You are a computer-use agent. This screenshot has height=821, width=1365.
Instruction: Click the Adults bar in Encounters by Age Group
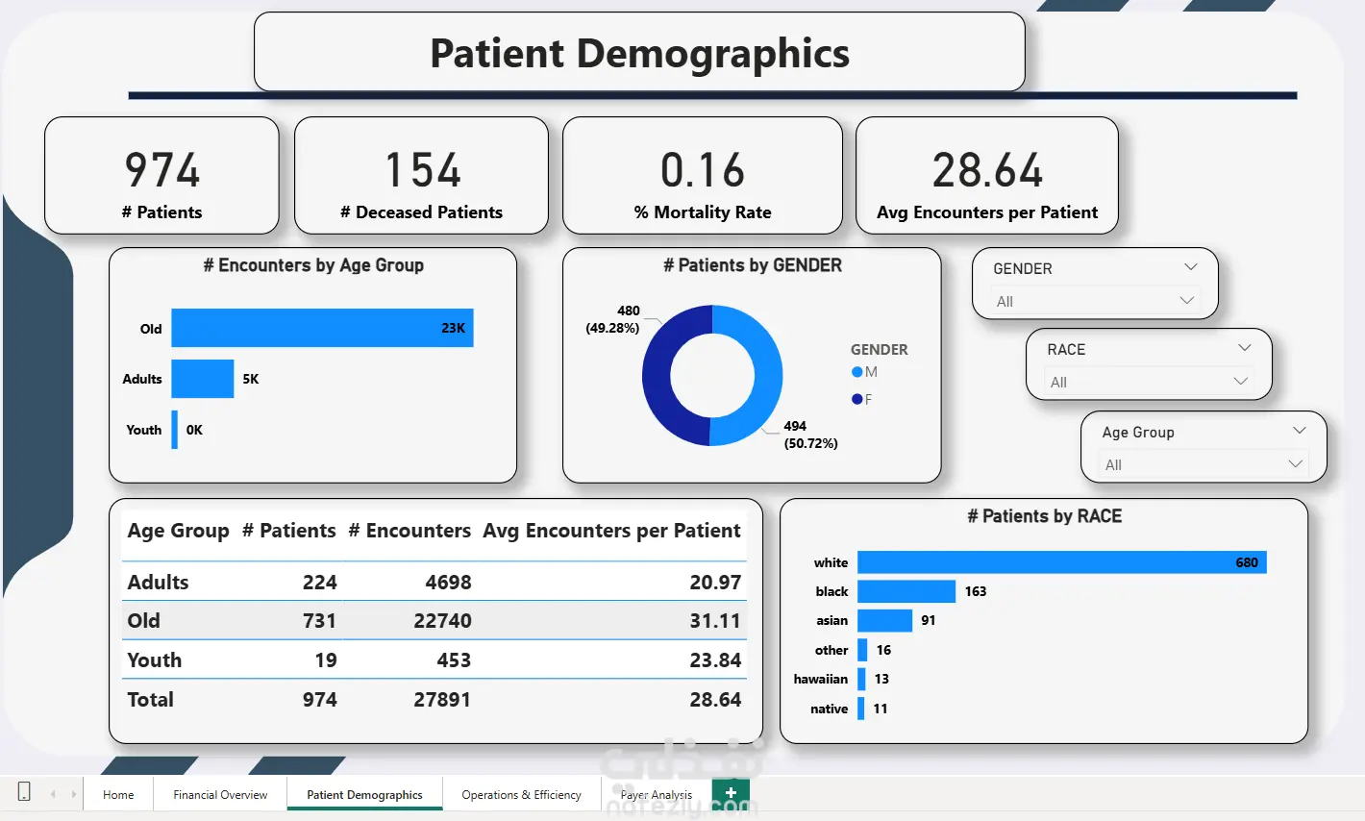(202, 379)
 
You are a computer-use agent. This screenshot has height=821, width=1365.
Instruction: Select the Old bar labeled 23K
(322, 328)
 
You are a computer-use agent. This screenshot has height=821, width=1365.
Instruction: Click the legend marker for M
(856, 372)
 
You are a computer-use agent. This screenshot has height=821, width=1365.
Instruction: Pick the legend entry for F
(862, 399)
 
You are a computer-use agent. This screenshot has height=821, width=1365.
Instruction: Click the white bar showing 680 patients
(1062, 562)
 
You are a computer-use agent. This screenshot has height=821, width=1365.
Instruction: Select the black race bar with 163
(906, 591)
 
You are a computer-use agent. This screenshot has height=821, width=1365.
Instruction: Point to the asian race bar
(884, 620)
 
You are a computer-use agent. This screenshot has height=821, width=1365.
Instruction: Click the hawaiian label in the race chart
(820, 679)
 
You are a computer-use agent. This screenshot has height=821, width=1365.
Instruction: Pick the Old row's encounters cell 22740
(442, 620)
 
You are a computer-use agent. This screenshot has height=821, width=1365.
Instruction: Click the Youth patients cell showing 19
(326, 660)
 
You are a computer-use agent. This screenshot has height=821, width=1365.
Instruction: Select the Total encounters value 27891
(442, 700)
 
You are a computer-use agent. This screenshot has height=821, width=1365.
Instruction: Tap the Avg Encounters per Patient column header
(611, 531)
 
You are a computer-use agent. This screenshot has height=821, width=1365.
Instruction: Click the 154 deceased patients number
(422, 170)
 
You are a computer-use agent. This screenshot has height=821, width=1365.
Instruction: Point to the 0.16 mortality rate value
(703, 170)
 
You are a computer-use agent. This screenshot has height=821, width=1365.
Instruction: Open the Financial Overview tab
(220, 795)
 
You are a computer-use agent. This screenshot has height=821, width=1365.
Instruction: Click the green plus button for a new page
(731, 793)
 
